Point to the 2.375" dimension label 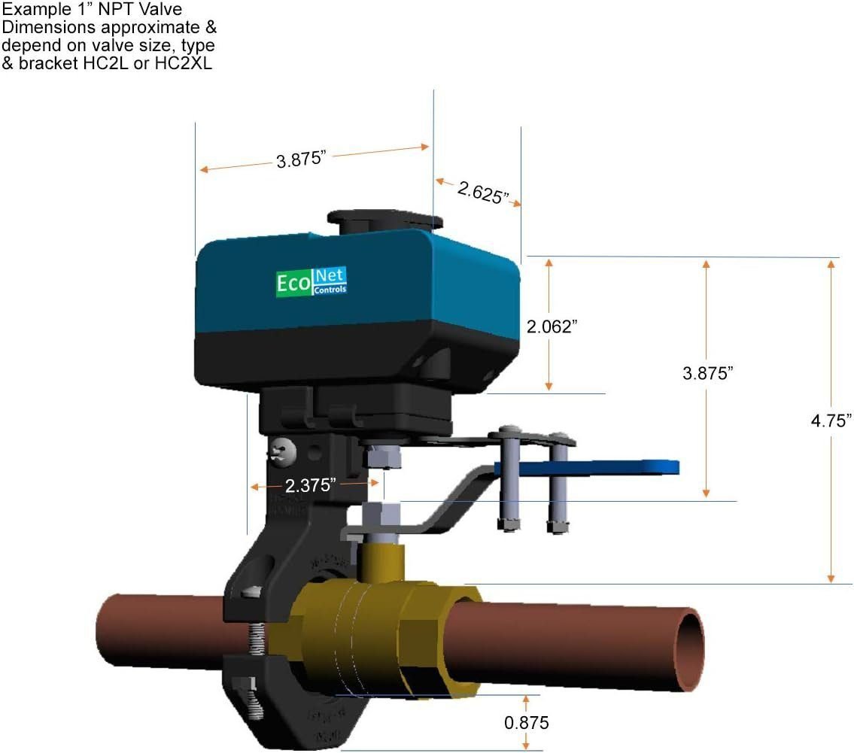[310, 485]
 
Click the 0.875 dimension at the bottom [527, 723]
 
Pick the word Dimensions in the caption [42, 28]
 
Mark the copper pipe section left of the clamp [158, 628]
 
